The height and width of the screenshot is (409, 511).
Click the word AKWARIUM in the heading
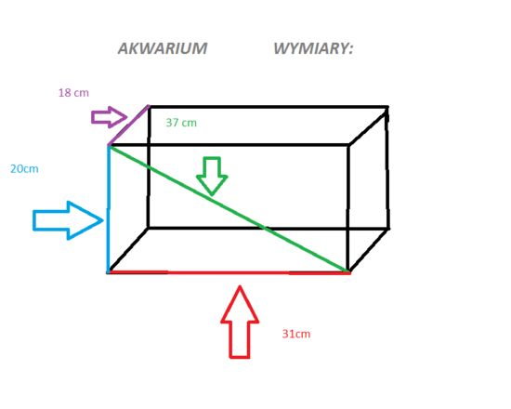pyautogui.click(x=163, y=48)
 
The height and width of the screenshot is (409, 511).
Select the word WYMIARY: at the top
pyautogui.click(x=313, y=48)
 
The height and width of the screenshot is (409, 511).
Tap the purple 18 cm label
pyautogui.click(x=73, y=93)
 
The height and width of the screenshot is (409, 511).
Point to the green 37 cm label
pyautogui.click(x=181, y=123)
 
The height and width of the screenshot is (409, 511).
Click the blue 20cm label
pyautogui.click(x=24, y=169)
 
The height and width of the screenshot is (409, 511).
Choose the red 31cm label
pyautogui.click(x=296, y=334)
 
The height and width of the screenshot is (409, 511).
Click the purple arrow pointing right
pyautogui.click(x=110, y=117)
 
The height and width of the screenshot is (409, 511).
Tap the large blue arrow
pyautogui.click(x=68, y=221)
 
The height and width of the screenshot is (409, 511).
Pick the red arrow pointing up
pyautogui.click(x=240, y=323)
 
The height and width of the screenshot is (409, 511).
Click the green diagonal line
pyautogui.click(x=229, y=209)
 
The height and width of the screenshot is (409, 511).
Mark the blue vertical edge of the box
pyautogui.click(x=108, y=209)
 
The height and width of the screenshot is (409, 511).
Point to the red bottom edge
pyautogui.click(x=229, y=272)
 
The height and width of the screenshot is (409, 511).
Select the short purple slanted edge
pyautogui.click(x=128, y=125)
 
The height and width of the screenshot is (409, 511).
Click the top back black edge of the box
pyautogui.click(x=268, y=107)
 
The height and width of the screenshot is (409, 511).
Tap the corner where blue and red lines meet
pyautogui.click(x=108, y=272)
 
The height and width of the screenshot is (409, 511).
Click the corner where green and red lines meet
pyautogui.click(x=348, y=272)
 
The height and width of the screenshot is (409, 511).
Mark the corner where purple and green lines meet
pyautogui.click(x=109, y=146)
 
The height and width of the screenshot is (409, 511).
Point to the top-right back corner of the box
pyautogui.click(x=387, y=107)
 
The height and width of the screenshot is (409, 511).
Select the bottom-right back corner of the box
pyautogui.click(x=387, y=229)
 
